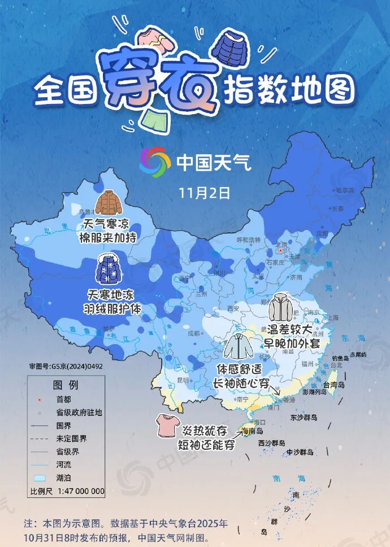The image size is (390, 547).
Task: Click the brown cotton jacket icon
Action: pos(107,203)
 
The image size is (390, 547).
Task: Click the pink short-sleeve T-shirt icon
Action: pos(168,426)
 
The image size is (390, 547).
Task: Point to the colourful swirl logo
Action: pos(155,162)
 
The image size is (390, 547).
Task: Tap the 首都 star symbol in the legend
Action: pos(39,400)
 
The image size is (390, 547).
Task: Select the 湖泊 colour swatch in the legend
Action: pos(40,477)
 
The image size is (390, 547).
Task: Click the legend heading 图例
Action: pos(66,385)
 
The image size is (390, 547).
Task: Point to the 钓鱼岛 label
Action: pos(340,358)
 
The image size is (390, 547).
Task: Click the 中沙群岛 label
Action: pos(300,452)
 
